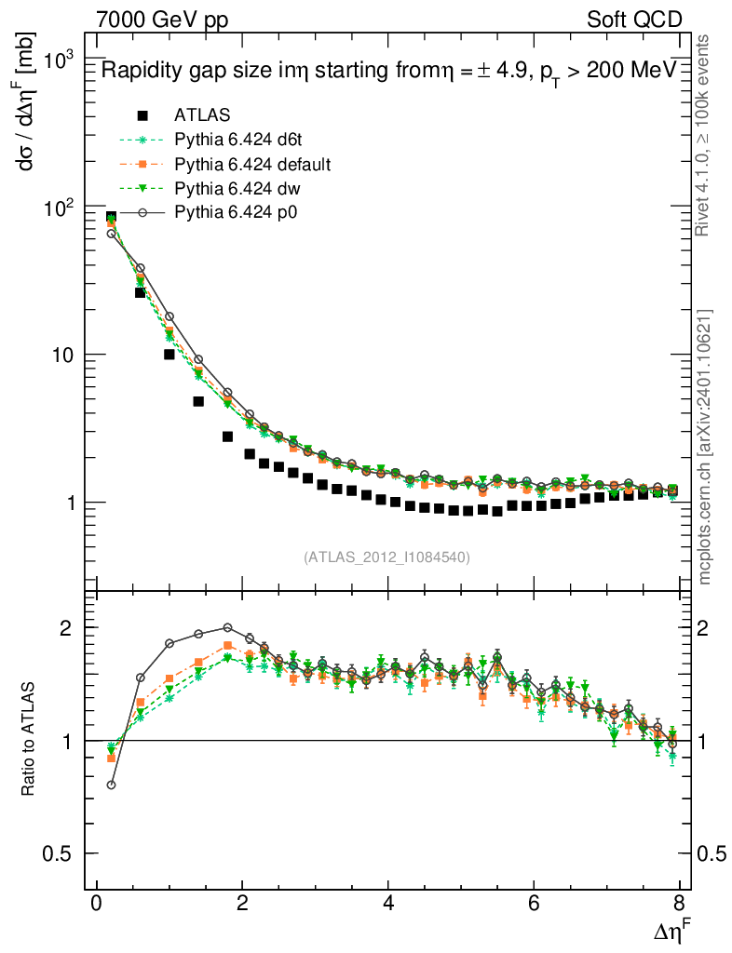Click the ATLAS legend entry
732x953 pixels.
point(202,115)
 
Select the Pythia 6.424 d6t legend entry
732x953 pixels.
point(239,141)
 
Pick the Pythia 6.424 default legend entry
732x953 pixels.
point(252,165)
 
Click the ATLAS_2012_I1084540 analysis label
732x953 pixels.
point(386,557)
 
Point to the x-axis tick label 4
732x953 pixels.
point(387,905)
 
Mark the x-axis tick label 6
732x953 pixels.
point(534,905)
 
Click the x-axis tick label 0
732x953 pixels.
point(96,905)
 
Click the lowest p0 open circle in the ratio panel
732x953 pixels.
point(112,785)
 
